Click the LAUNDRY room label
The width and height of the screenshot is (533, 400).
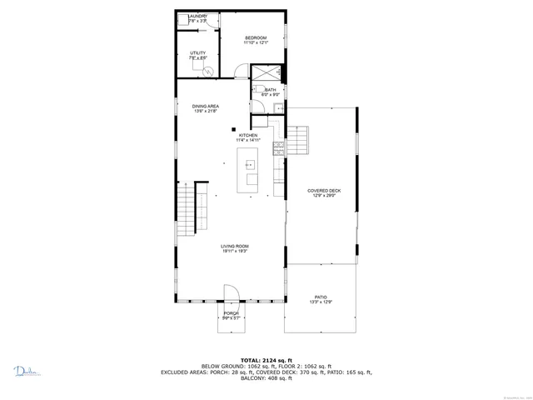click(197, 17)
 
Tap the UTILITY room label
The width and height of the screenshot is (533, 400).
click(197, 54)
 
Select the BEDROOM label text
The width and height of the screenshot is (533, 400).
click(255, 38)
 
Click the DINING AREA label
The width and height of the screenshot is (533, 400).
click(206, 107)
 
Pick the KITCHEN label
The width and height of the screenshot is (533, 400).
click(248, 136)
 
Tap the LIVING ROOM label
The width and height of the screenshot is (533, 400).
click(235, 247)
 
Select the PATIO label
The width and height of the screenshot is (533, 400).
click(321, 297)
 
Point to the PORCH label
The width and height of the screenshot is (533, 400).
click(231, 314)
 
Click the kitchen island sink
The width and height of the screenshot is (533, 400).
click(249, 165)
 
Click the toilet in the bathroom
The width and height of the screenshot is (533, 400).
click(281, 107)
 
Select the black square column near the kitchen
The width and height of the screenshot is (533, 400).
click(234, 129)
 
